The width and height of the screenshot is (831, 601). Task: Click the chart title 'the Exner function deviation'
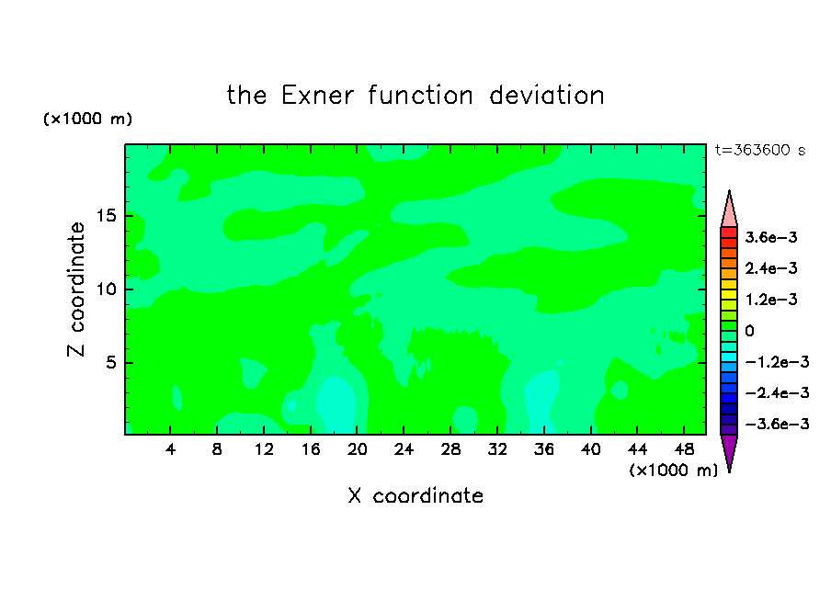pos(415,96)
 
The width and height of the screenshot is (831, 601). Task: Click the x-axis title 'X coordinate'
pos(415,495)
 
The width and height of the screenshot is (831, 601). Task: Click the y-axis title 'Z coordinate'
pos(75,289)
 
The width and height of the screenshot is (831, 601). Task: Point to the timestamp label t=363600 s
pos(760,150)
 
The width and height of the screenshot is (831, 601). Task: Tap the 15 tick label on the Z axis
pos(106,216)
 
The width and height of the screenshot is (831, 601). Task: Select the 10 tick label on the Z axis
pos(106,289)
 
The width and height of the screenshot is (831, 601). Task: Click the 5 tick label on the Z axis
pos(110,362)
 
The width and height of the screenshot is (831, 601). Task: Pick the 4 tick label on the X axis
pos(170,449)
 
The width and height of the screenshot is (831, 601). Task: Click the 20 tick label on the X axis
pos(358,449)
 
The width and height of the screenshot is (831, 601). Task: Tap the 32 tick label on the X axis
pos(497,449)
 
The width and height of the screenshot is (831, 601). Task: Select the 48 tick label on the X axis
pos(684,449)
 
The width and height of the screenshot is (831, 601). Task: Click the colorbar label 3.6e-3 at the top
pos(771,237)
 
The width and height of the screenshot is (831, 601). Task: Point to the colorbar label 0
pos(749,331)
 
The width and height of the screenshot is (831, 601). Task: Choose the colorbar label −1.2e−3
pos(778,362)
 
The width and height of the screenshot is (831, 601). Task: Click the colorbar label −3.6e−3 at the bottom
pos(778,424)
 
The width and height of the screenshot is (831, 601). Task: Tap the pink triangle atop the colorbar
pos(729,212)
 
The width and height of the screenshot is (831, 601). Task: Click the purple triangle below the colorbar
pos(729,449)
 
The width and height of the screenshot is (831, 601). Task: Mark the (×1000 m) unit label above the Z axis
pos(87,119)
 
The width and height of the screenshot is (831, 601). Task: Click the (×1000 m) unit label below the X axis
pos(673,471)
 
